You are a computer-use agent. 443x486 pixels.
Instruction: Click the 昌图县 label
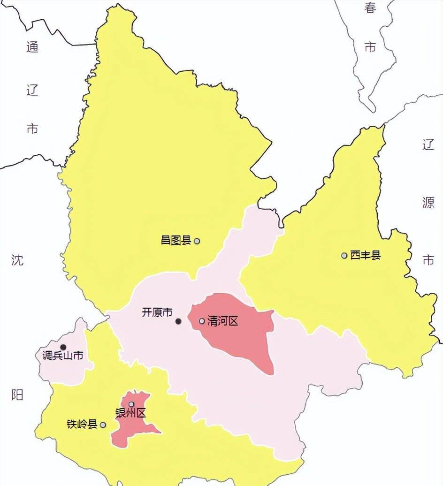(x=176, y=241)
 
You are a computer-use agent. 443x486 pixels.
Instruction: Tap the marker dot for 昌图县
(x=197, y=241)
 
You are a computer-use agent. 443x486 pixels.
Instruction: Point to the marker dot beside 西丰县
(x=344, y=256)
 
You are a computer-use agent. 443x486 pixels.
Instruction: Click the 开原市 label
(x=157, y=312)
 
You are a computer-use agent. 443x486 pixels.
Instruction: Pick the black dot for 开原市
(x=178, y=321)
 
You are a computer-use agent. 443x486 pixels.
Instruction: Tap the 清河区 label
(x=222, y=321)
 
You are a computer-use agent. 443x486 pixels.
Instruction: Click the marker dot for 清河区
(x=202, y=321)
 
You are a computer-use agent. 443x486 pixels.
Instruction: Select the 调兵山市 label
(x=62, y=356)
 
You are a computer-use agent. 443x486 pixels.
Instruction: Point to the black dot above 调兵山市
(x=63, y=347)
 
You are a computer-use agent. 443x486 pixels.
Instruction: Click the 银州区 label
(x=131, y=413)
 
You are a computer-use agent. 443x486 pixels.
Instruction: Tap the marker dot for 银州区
(x=131, y=404)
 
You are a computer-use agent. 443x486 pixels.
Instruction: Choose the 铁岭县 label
(x=82, y=425)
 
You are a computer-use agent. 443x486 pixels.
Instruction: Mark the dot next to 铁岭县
(x=103, y=425)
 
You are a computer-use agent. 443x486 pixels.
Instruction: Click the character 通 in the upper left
(x=32, y=47)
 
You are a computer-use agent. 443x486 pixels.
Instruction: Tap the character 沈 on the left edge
(x=17, y=260)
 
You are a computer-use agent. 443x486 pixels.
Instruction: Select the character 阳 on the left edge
(x=17, y=395)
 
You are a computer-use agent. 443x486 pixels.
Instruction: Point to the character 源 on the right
(x=428, y=203)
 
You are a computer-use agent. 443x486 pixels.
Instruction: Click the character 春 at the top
(x=370, y=8)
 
